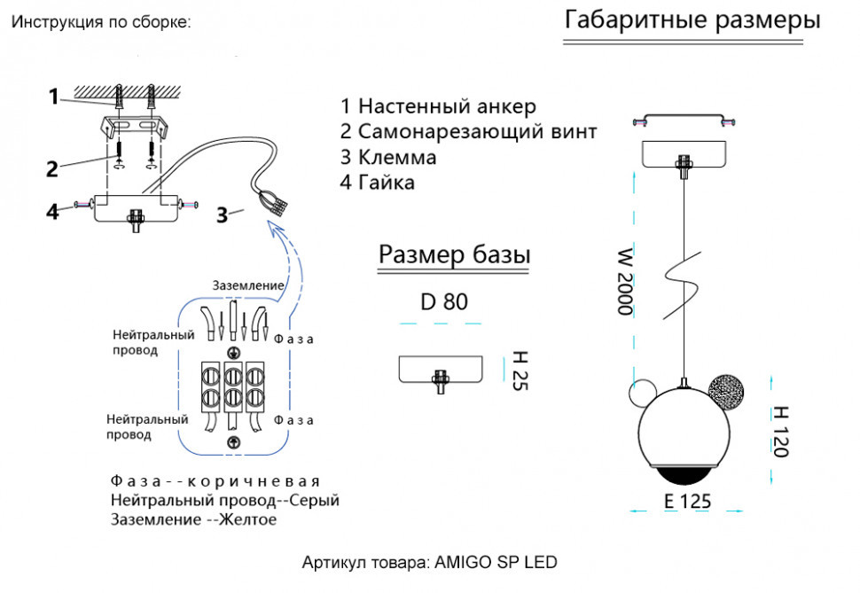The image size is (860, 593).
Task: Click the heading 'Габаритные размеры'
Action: point(692,21)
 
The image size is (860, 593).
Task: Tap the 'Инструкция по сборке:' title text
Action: point(100,22)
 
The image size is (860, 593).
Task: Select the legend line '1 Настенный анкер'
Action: point(438,106)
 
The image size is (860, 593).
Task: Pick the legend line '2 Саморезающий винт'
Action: point(468,132)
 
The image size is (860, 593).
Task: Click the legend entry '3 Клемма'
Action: point(388,158)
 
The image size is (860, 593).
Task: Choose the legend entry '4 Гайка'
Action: point(378,183)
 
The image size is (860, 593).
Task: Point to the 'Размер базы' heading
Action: point(454,254)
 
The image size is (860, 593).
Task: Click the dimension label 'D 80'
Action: point(444,302)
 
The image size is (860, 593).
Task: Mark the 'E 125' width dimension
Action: point(687,501)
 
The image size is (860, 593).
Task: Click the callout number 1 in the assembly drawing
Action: point(54,96)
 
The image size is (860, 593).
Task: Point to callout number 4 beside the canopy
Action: point(53,211)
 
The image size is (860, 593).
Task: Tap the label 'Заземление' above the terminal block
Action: point(248,285)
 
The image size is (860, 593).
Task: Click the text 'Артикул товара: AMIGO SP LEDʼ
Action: point(430,563)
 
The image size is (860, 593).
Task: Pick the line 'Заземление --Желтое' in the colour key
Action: point(194,519)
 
